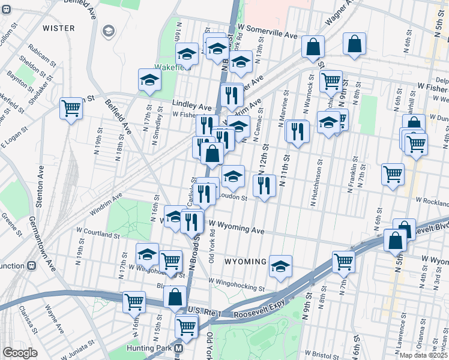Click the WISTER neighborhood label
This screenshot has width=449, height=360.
(59, 28)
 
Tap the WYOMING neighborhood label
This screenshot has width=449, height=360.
(246, 262)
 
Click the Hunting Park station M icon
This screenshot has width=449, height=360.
(178, 348)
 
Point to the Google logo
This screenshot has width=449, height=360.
(19, 353)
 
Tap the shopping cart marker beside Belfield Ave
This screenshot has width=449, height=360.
(71, 108)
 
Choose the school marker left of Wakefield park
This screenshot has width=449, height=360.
(149, 79)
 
